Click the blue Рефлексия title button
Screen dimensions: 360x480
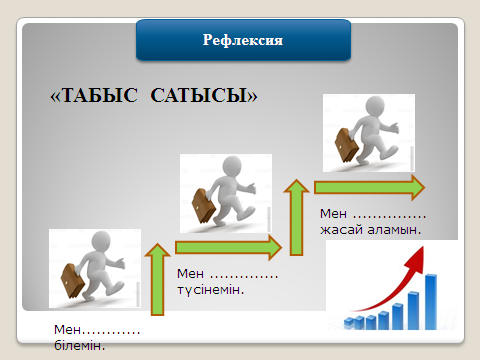coord(244,41)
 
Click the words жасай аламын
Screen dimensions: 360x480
coord(370,229)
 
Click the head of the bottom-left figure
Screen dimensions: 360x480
coord(101,241)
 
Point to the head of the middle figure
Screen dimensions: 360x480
coord(233,166)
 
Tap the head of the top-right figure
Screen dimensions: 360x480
coord(375,105)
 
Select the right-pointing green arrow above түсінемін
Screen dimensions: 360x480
coord(229,245)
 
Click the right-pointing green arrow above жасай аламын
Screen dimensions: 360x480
coord(369,186)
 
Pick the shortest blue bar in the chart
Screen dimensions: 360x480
coord(350,322)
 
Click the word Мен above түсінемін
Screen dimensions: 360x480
coord(189,273)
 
